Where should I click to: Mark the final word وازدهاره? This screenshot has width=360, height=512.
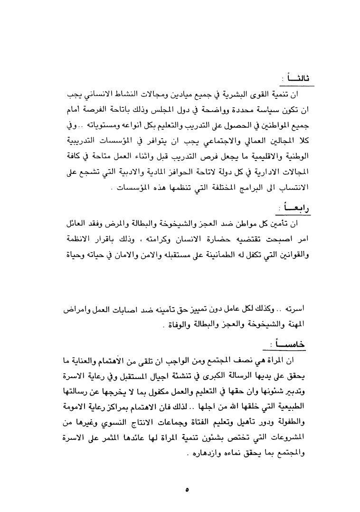(x=199, y=452)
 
